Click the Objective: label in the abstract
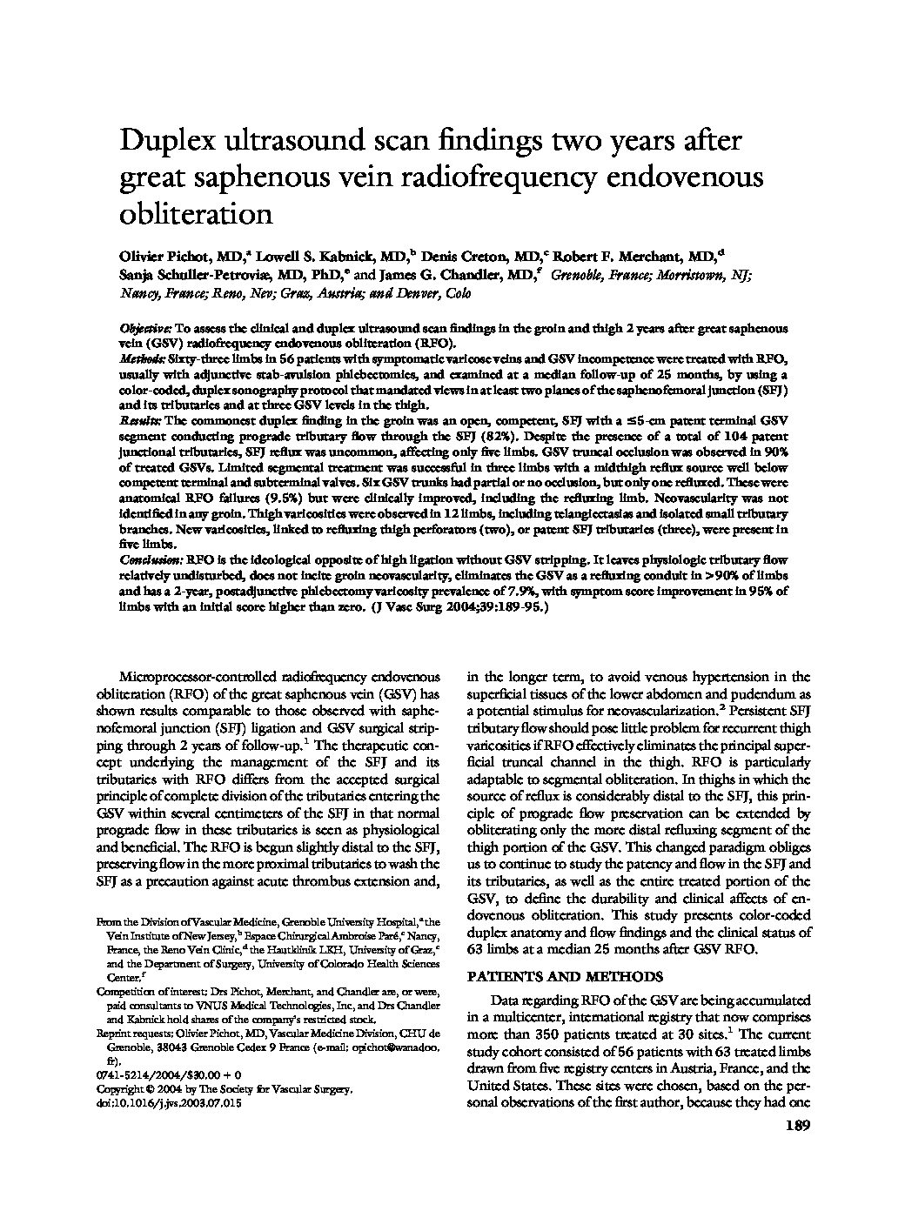point(145,329)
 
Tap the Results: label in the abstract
point(140,420)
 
